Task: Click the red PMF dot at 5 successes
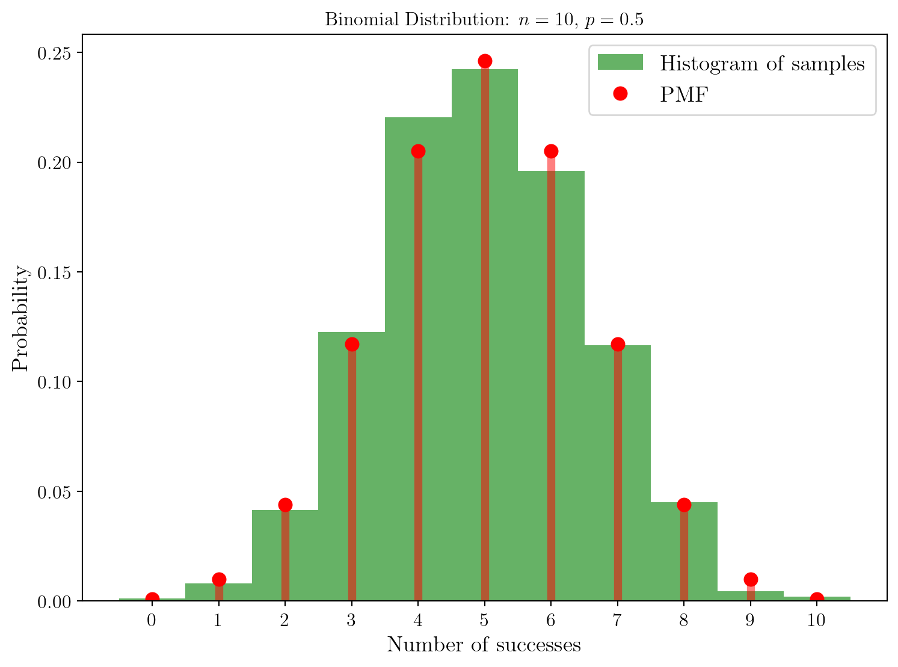coord(485,61)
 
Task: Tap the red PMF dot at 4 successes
coord(418,151)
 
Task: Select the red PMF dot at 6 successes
coord(551,151)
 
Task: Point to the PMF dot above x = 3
coord(352,344)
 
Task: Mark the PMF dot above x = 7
coord(618,344)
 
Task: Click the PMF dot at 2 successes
coord(285,505)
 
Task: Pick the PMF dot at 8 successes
coord(684,505)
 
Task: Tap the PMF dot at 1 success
coord(219,579)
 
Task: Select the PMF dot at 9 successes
coord(751,579)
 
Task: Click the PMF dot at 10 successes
coord(817,599)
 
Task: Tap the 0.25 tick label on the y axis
coord(54,54)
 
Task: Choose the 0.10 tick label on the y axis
coord(54,382)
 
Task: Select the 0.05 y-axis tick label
coord(54,492)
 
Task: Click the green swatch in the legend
coord(620,63)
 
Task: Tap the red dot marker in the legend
coord(620,94)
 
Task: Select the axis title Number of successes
coord(484,645)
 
